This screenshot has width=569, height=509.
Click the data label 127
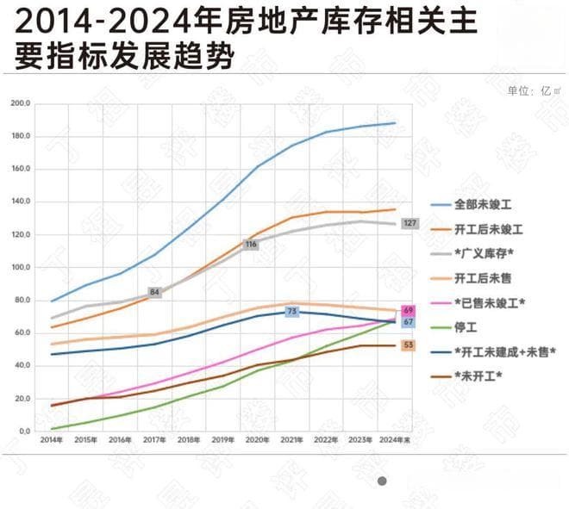410,224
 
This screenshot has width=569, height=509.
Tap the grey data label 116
251,245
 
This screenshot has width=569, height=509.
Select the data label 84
155,293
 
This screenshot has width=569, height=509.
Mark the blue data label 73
291,311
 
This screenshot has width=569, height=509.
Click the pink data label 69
409,310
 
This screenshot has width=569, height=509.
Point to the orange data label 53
409,345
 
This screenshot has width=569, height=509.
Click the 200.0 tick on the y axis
21,103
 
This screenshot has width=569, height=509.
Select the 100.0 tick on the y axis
21,267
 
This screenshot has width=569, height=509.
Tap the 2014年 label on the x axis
51,439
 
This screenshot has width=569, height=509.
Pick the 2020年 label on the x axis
258,439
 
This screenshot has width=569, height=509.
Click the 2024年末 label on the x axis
396,439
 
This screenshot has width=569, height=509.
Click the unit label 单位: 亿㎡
535,90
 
